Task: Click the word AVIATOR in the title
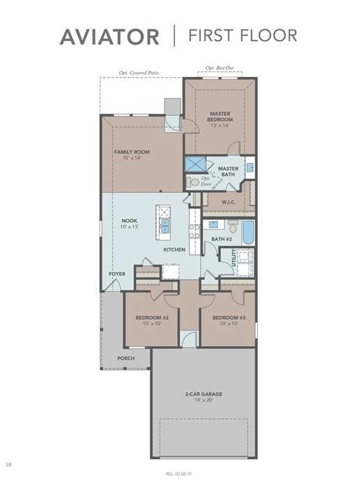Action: (x=110, y=37)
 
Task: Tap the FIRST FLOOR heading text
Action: (x=242, y=35)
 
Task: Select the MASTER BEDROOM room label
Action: (x=220, y=117)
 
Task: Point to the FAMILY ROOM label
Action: (x=132, y=152)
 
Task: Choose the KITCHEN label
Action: (x=174, y=249)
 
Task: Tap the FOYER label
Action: (x=117, y=273)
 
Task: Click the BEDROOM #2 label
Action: (x=152, y=318)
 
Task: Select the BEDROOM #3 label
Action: (x=229, y=318)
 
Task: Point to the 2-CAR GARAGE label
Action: (x=204, y=394)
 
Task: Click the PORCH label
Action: (x=126, y=358)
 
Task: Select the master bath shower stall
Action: (x=195, y=164)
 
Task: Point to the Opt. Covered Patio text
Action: (x=140, y=73)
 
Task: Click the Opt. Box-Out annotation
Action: (x=220, y=67)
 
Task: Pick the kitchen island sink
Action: (x=165, y=225)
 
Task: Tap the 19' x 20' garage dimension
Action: (x=204, y=402)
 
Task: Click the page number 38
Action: (x=8, y=464)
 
